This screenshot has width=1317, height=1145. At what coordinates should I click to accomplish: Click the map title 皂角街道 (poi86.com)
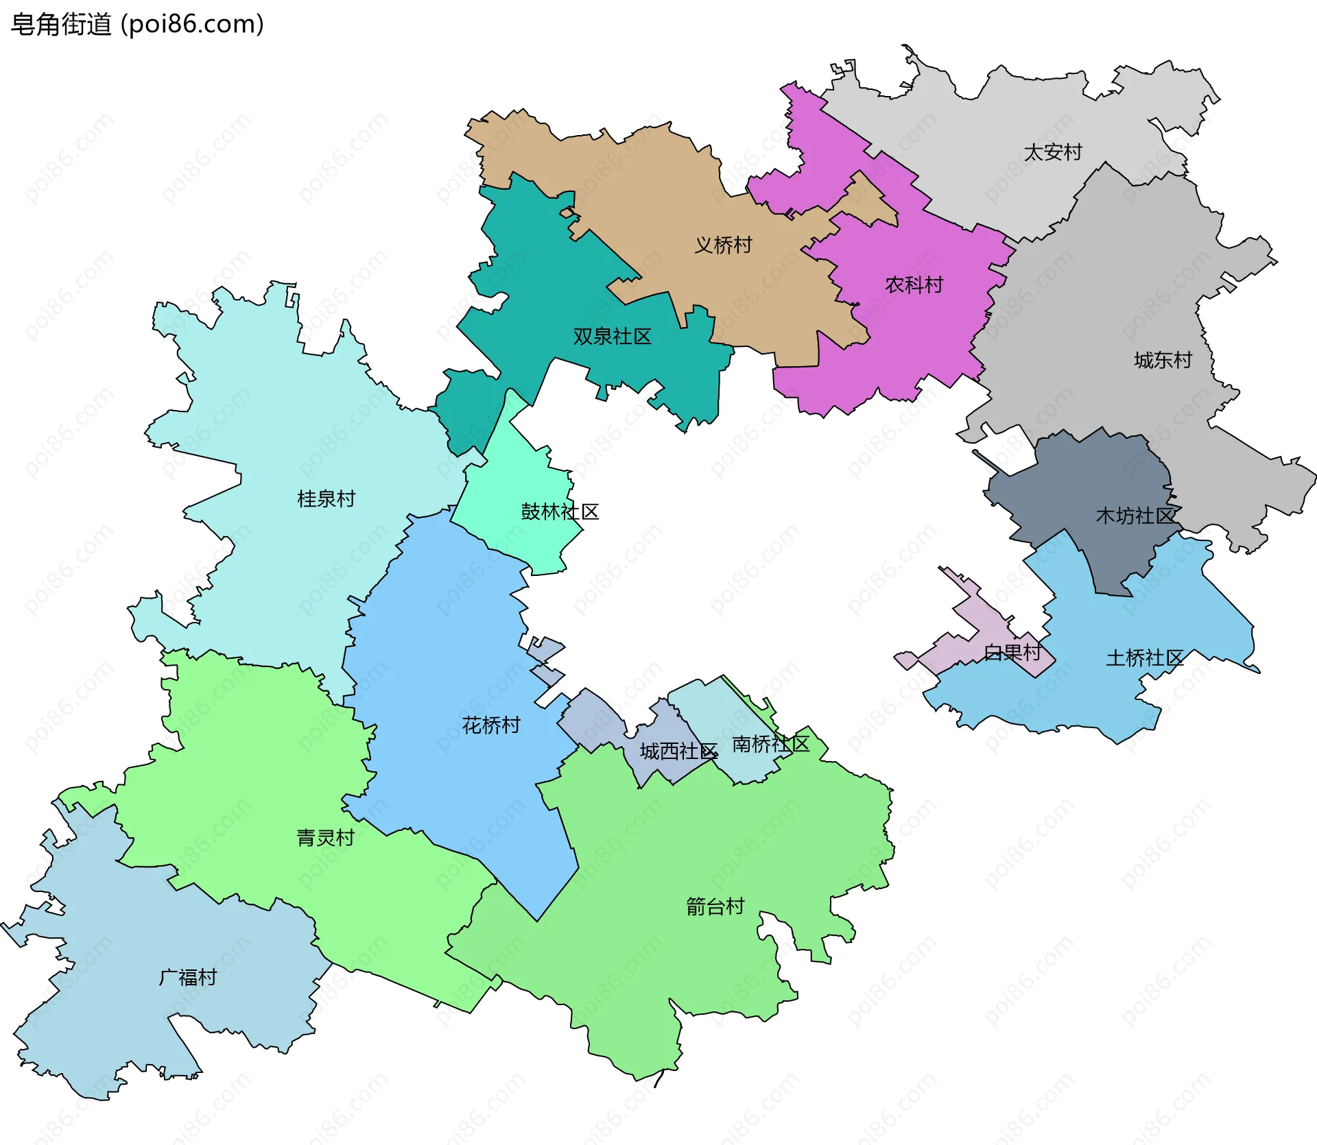point(137,25)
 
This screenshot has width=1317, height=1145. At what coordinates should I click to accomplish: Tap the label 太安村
point(1052,152)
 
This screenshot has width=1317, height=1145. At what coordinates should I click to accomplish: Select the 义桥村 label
point(723,245)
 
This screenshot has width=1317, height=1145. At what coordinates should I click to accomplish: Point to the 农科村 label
point(914,285)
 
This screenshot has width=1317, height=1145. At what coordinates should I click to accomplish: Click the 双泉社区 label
point(612,337)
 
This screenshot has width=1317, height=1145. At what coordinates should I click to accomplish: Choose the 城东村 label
point(1163,360)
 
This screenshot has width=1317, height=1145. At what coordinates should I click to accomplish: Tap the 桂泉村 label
point(326,498)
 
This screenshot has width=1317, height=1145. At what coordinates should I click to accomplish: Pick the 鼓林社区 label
point(560,511)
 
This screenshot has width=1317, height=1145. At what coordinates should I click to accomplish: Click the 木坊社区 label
point(1135,516)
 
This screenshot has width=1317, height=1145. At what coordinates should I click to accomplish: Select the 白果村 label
point(1012,653)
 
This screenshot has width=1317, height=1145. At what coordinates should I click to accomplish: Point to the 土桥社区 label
point(1144,658)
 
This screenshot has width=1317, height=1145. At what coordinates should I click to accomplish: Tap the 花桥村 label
point(491,725)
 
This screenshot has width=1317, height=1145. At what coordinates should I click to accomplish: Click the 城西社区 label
point(678,751)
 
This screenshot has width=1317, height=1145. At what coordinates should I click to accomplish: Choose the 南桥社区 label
point(771,744)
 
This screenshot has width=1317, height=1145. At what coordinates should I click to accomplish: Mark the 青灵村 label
point(325,837)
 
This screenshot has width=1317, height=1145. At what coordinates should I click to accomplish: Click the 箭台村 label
point(715,906)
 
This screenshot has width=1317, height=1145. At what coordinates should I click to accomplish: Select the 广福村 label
point(187,977)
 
